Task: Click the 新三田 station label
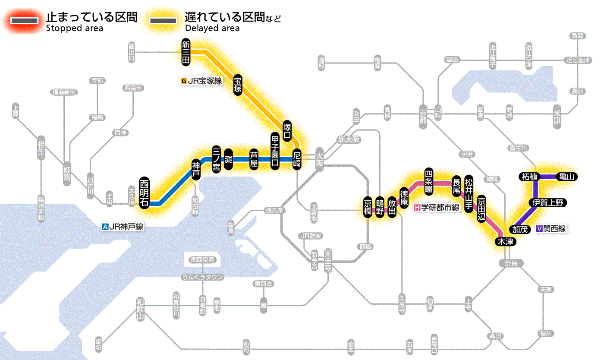coord(186,52)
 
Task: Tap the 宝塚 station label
coord(238,85)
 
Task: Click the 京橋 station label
coord(368,208)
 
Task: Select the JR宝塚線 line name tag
coord(202,80)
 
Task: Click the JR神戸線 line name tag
coord(123,226)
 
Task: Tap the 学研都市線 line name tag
coord(437,208)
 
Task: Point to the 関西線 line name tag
coord(551,229)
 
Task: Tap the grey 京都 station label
coord(423,114)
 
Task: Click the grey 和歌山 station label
coord(140,308)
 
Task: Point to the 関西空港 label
coord(202,259)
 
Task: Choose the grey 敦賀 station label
coord(577,36)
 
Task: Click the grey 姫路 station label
coord(67,173)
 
